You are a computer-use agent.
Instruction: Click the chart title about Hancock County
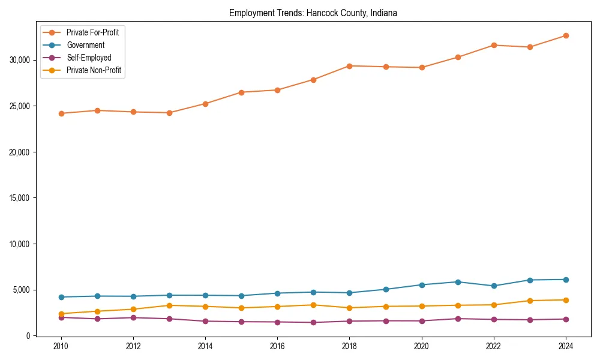click(313, 13)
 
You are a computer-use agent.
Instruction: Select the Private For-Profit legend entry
click(92, 32)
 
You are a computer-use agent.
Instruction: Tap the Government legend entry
click(85, 45)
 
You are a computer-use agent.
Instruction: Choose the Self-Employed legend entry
click(89, 58)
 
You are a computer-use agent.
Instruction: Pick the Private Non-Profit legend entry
click(94, 70)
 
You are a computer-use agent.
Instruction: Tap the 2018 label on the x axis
click(349, 346)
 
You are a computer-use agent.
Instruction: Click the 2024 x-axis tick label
click(566, 346)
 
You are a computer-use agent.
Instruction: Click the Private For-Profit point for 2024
click(566, 35)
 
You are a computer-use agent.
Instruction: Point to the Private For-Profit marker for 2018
click(349, 66)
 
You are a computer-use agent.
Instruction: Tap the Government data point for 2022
click(494, 286)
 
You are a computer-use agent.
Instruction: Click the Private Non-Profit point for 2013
click(169, 305)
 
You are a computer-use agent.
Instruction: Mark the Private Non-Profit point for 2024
click(566, 300)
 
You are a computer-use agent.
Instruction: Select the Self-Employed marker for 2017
click(313, 322)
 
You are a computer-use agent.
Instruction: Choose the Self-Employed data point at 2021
click(458, 319)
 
